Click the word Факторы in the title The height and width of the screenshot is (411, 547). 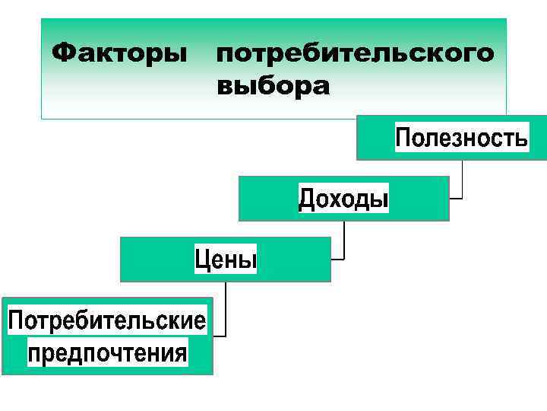(x=119, y=54)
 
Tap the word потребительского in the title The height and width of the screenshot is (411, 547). (x=355, y=55)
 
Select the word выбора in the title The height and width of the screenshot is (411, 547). (x=273, y=87)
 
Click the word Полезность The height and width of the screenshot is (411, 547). (x=461, y=139)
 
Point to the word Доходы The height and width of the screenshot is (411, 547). (x=343, y=199)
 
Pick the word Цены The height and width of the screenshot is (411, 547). (x=226, y=260)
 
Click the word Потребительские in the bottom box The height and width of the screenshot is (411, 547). (x=107, y=320)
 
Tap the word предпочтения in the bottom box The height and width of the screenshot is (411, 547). (x=107, y=353)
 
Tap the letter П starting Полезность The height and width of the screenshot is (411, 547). (x=403, y=139)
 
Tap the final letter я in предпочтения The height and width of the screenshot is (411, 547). (x=179, y=354)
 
